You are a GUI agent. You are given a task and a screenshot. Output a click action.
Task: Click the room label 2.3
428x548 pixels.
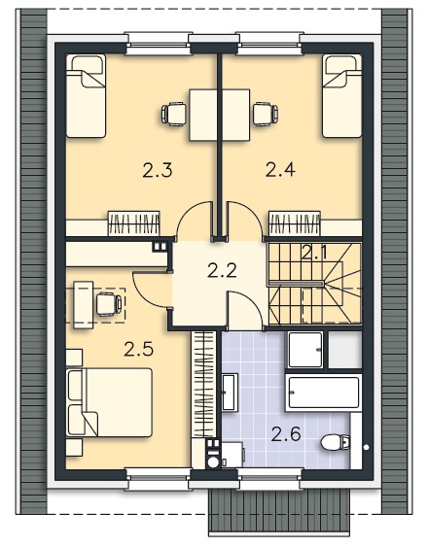point(158,171)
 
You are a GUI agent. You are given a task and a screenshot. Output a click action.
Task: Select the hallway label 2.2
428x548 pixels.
point(222,270)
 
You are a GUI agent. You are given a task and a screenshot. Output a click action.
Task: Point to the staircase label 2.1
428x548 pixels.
point(314,252)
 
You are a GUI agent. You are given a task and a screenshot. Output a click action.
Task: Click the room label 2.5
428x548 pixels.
point(138,349)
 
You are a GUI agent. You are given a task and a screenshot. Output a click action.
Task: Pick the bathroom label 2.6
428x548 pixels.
point(286,434)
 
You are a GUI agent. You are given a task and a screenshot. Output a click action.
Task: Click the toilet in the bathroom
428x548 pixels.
point(336,442)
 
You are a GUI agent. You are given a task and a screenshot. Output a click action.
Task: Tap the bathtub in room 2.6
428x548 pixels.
point(323,393)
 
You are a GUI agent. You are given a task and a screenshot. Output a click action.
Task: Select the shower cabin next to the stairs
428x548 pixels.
point(305,350)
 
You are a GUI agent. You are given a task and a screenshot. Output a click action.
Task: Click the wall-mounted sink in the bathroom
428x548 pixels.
point(230,392)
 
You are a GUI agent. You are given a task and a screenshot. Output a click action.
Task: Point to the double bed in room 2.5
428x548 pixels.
point(109,402)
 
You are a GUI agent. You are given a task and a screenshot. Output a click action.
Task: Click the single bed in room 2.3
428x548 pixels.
point(87,95)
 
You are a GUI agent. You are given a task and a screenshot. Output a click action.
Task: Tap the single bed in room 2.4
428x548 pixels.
point(341,95)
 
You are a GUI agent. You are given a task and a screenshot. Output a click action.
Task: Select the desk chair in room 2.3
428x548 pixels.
point(173,114)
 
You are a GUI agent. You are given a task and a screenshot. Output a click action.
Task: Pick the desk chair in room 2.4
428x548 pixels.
point(266,114)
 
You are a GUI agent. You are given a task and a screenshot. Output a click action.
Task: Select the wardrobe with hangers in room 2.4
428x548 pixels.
point(295,223)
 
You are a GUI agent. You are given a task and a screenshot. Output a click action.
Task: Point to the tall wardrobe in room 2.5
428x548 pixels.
point(203,384)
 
